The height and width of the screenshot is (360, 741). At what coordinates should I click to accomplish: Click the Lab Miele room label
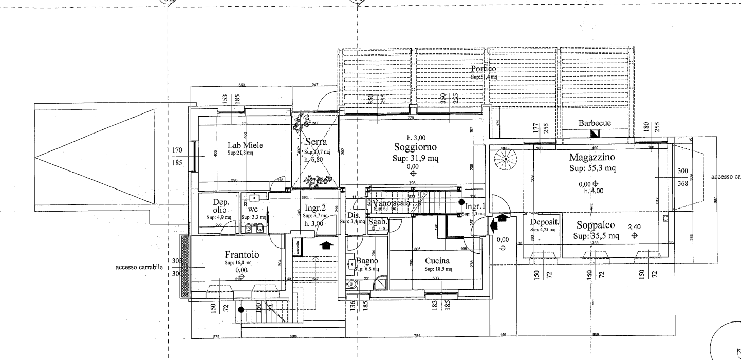click(x=245, y=145)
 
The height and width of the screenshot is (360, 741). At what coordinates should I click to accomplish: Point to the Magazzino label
click(x=592, y=157)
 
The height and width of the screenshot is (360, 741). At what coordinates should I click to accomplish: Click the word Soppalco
click(x=596, y=225)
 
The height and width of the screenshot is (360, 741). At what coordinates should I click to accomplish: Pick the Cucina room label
click(x=438, y=260)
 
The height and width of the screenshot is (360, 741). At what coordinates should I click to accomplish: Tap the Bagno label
click(x=367, y=261)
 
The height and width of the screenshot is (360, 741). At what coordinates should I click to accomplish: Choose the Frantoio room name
click(x=242, y=255)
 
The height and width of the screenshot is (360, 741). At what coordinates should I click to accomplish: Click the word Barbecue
click(x=594, y=123)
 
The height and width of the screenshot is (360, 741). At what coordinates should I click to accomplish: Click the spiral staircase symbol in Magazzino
click(x=504, y=160)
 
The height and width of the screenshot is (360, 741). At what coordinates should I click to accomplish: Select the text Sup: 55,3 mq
click(x=592, y=168)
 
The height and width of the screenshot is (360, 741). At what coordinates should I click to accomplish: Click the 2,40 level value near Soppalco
click(x=635, y=226)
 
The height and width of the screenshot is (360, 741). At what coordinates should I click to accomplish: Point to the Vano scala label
click(x=392, y=203)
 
